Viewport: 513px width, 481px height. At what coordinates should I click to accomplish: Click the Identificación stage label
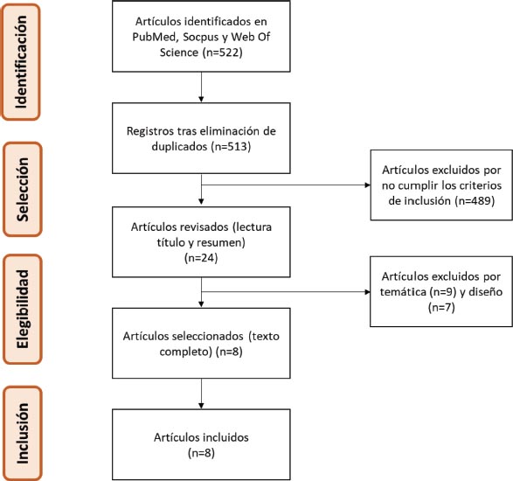21,62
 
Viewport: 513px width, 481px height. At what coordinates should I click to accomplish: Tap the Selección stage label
23,189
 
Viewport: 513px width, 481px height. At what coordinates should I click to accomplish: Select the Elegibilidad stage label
23,309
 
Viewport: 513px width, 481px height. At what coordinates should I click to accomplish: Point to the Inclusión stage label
23,433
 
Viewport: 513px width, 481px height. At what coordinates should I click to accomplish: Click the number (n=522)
223,52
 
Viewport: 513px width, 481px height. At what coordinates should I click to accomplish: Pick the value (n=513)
231,146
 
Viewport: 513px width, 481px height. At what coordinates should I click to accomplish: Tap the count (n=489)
475,200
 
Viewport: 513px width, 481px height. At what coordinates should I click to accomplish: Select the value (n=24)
201,258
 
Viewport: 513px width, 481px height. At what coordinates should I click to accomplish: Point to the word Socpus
201,38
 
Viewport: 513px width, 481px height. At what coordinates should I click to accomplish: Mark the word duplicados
179,146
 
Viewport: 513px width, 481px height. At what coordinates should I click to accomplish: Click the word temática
403,291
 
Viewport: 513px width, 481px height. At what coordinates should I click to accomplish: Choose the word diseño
486,291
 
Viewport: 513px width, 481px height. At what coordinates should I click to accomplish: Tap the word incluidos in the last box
225,437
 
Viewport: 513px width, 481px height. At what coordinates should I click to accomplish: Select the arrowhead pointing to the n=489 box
368,185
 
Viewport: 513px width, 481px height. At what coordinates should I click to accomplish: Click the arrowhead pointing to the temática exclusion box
367,292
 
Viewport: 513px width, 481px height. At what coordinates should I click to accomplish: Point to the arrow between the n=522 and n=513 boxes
201,87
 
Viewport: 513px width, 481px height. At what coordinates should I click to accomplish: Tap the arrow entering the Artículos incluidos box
201,394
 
